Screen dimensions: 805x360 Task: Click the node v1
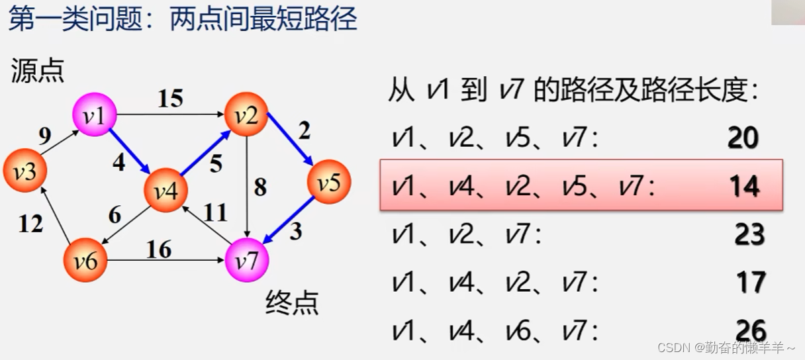(95, 114)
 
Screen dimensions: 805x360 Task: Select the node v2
(246, 114)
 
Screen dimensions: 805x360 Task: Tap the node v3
(25, 171)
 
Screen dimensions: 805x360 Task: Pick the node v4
(166, 191)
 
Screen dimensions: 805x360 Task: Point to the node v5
(328, 181)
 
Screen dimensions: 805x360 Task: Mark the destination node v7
(247, 260)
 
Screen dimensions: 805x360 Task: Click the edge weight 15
(169, 99)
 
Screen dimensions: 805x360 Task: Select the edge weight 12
(30, 224)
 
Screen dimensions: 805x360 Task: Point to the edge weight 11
(214, 213)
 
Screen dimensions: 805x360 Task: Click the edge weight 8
(260, 187)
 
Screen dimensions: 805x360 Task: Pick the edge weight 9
(45, 136)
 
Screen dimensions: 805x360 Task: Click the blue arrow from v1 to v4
(129, 152)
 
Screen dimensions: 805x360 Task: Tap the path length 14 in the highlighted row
(743, 187)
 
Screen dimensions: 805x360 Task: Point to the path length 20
(743, 138)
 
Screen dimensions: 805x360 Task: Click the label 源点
(37, 71)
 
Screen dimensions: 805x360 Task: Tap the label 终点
(292, 302)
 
